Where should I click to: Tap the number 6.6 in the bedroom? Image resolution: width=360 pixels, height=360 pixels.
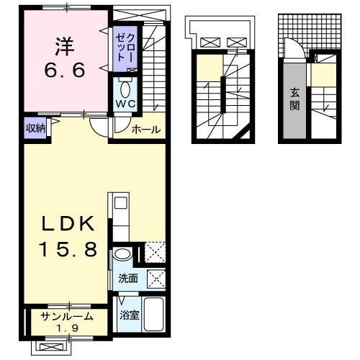[63, 71]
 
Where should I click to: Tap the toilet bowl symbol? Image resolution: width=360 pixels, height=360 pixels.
[125, 91]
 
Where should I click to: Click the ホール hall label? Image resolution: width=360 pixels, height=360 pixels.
[146, 130]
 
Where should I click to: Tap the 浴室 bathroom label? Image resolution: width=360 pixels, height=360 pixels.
[129, 315]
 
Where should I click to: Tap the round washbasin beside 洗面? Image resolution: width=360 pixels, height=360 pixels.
[123, 255]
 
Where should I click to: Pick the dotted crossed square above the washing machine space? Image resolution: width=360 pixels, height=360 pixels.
[156, 254]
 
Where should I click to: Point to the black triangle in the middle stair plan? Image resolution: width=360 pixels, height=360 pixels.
[248, 132]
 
